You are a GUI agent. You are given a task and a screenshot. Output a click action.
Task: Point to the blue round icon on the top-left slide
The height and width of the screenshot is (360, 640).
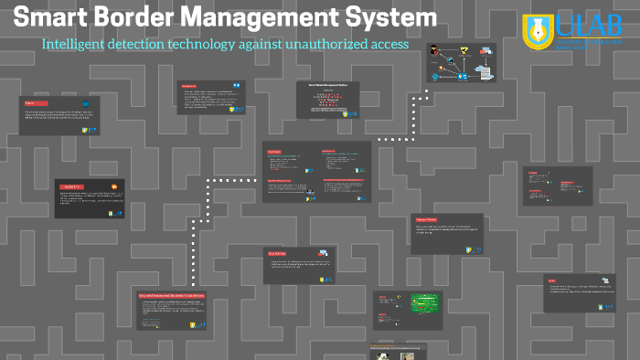click(86, 105)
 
